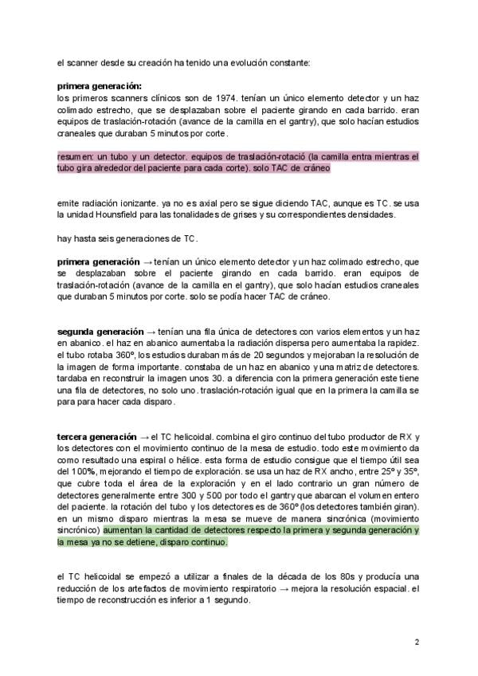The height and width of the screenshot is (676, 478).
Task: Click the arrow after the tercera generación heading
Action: tap(144, 438)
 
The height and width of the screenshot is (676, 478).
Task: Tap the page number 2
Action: tap(417, 642)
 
